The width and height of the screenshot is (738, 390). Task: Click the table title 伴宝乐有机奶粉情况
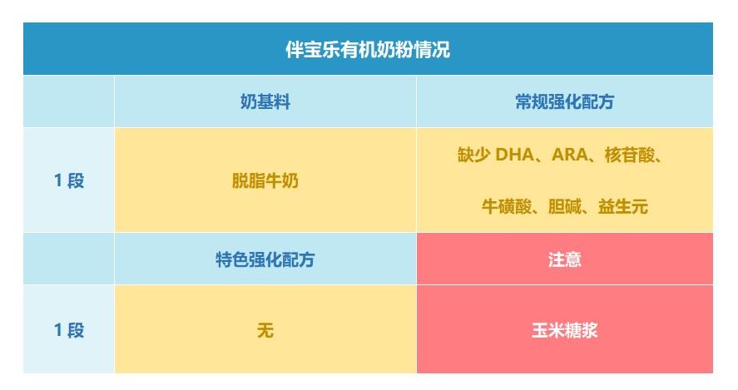(x=368, y=49)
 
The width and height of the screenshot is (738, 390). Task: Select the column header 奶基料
(x=265, y=101)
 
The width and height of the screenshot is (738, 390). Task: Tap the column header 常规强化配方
(x=564, y=101)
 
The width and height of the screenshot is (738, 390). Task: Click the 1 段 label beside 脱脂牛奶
(x=69, y=180)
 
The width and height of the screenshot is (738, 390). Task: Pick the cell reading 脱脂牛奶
(x=265, y=180)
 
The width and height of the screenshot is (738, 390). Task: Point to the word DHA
(x=514, y=155)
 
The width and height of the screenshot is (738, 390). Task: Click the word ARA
(x=569, y=155)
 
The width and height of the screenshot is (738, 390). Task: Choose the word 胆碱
(x=565, y=206)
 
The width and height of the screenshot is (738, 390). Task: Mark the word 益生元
(x=623, y=206)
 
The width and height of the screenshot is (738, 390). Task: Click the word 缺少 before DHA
(x=473, y=155)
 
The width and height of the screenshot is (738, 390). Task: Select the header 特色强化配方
(x=265, y=259)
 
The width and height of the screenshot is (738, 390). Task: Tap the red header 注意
(x=564, y=259)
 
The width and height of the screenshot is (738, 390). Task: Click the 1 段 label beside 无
(x=69, y=330)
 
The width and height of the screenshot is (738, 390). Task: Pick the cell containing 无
(x=265, y=330)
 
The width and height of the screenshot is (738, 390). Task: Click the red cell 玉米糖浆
(x=564, y=330)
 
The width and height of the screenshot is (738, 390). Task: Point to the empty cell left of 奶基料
(x=69, y=101)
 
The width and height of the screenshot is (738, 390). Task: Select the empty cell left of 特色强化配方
(x=69, y=259)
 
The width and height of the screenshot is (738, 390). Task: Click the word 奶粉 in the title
(x=395, y=49)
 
